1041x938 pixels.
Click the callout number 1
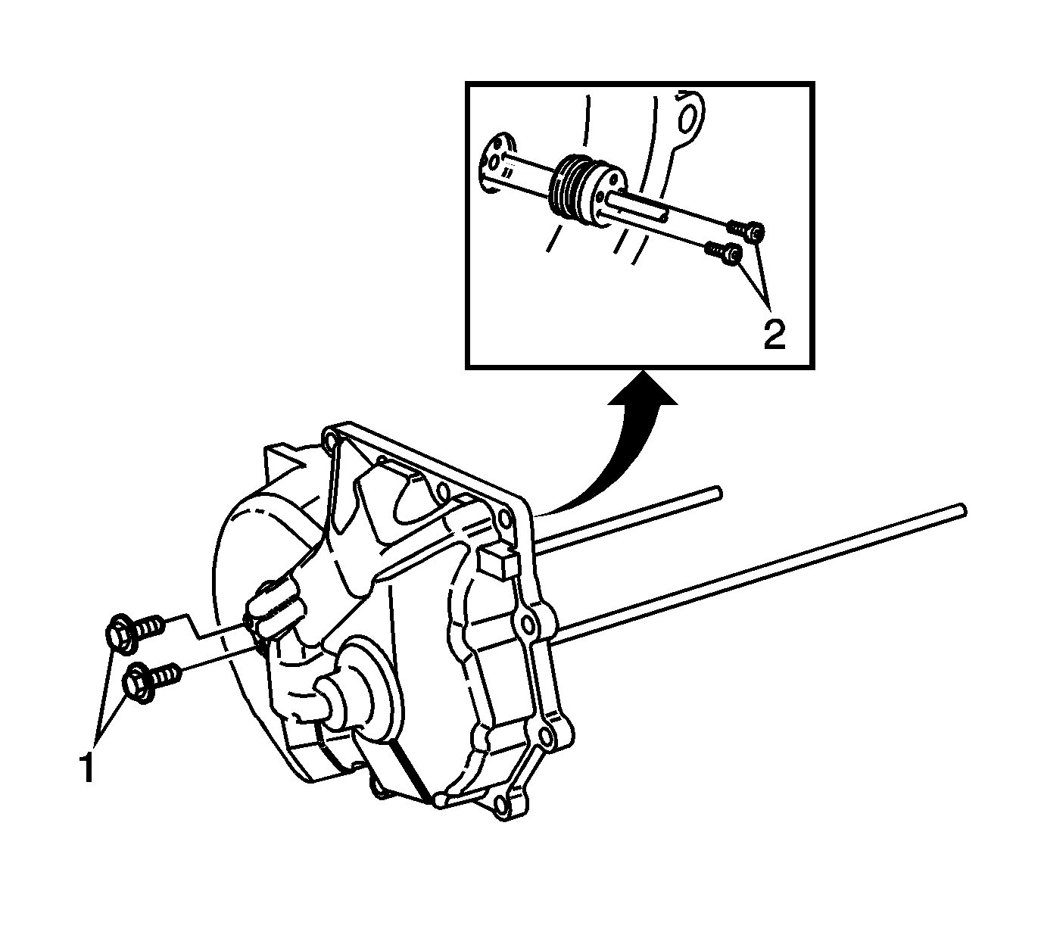click(x=86, y=768)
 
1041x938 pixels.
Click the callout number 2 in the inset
click(x=775, y=334)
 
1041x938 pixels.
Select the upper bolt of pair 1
click(x=133, y=631)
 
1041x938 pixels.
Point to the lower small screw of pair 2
click(x=723, y=253)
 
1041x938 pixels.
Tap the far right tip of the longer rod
click(x=963, y=510)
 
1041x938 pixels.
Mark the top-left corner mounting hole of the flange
click(x=328, y=441)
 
